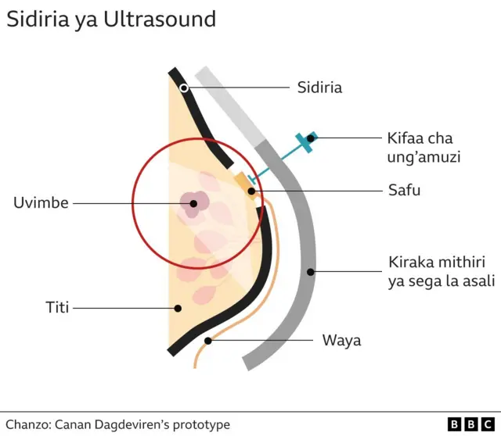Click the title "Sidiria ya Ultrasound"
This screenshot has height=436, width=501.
(x=111, y=20)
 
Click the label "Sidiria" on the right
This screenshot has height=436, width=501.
(x=319, y=87)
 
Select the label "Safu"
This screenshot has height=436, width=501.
(x=405, y=190)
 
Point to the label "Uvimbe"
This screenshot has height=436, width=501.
(x=41, y=203)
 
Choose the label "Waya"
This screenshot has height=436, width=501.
(x=341, y=341)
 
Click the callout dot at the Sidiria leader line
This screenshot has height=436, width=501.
(x=184, y=88)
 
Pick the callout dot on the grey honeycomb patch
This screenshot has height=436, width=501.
(x=311, y=273)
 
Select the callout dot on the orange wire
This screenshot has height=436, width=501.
(x=208, y=341)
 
